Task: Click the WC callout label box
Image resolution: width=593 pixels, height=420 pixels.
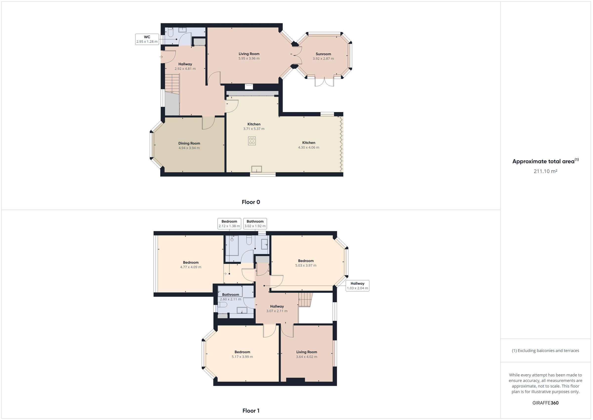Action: (x=147, y=39)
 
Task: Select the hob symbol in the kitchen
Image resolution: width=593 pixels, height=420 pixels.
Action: (x=252, y=141)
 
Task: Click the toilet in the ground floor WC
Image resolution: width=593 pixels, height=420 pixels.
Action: (x=171, y=33)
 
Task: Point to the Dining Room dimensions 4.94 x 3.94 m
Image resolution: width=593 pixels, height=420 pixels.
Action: (x=189, y=148)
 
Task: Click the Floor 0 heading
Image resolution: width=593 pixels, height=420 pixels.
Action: (x=251, y=202)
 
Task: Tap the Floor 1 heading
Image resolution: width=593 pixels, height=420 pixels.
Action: (x=251, y=410)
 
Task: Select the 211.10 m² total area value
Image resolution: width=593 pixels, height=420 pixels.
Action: (x=545, y=171)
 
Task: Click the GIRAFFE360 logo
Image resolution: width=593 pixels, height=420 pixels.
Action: (x=545, y=403)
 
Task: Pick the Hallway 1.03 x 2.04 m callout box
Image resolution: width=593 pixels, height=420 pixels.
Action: (x=357, y=285)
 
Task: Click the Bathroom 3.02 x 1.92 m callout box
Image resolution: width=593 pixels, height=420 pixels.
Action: (x=255, y=223)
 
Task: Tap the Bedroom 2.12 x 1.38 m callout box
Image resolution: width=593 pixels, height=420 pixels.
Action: (x=229, y=223)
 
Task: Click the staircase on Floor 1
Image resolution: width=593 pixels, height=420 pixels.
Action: (x=305, y=300)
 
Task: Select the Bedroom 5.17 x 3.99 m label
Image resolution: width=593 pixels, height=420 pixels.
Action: (x=242, y=354)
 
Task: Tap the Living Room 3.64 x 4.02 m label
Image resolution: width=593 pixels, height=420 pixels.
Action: (x=306, y=354)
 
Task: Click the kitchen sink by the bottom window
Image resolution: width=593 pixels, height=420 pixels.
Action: (x=256, y=169)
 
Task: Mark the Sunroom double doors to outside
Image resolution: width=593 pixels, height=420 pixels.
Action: (x=324, y=82)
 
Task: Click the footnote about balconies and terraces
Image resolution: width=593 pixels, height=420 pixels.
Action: (x=545, y=350)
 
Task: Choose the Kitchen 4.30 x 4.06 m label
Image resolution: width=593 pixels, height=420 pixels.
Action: (x=308, y=145)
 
